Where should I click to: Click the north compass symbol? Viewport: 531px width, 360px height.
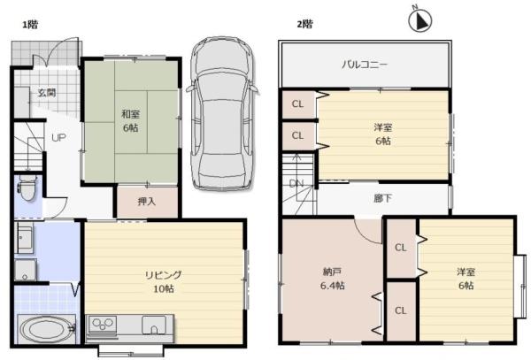pyautogui.click(x=419, y=21)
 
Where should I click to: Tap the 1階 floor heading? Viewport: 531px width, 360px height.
pyautogui.click(x=30, y=25)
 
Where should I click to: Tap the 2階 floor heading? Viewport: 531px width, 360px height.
pyautogui.click(x=304, y=24)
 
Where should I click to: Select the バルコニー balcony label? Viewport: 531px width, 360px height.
pyautogui.click(x=365, y=64)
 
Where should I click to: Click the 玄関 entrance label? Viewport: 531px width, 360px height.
pyautogui.click(x=47, y=92)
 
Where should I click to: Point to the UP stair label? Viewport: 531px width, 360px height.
pyautogui.click(x=58, y=138)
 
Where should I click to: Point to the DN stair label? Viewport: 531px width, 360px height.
pyautogui.click(x=296, y=183)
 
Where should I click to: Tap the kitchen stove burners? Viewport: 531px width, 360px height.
pyautogui.click(x=103, y=324)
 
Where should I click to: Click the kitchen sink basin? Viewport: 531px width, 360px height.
pyautogui.click(x=154, y=325)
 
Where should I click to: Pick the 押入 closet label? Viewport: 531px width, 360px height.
pyautogui.click(x=147, y=202)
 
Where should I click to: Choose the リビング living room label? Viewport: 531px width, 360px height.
pyautogui.click(x=163, y=275)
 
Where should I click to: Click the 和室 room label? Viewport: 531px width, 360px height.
pyautogui.click(x=130, y=114)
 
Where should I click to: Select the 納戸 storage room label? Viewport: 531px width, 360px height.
pyautogui.click(x=332, y=272)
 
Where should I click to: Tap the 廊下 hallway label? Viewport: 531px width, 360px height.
pyautogui.click(x=383, y=198)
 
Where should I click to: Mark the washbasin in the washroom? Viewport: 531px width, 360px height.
pyautogui.click(x=25, y=237)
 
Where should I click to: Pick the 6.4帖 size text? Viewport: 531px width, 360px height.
pyautogui.click(x=333, y=286)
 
